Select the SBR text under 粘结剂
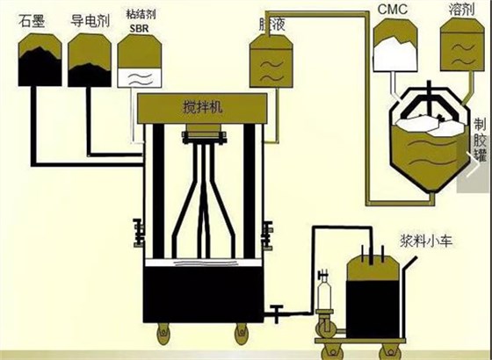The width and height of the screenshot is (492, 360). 139,28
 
